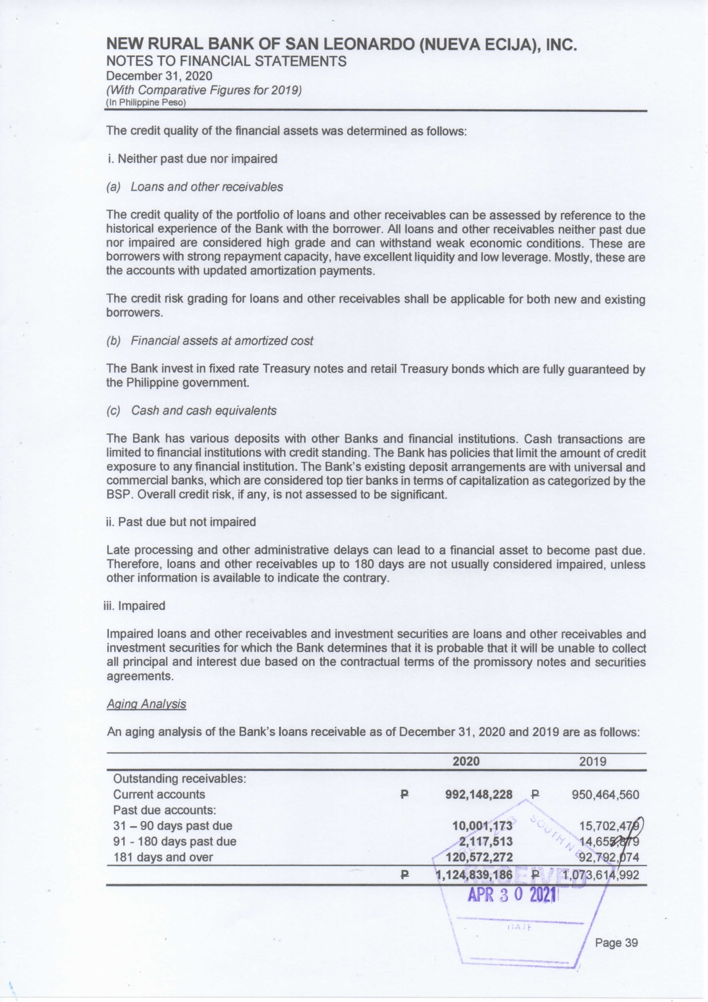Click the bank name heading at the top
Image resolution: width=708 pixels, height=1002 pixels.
[341, 45]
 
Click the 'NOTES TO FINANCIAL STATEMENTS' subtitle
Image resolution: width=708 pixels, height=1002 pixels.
[226, 62]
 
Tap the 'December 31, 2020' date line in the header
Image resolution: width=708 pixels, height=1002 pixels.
[159, 76]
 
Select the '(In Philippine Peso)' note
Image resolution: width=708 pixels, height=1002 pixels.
[146, 103]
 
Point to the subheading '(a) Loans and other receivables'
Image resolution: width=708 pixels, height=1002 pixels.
[195, 187]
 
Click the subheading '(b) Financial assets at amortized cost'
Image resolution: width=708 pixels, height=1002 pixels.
[210, 341]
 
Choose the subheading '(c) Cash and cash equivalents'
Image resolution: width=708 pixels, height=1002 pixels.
[191, 411]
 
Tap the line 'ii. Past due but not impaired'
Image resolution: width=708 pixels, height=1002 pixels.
[181, 522]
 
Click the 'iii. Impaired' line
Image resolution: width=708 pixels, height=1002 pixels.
[135, 606]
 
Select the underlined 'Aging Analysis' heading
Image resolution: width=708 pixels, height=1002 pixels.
[146, 703]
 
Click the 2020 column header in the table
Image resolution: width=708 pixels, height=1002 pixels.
[466, 761]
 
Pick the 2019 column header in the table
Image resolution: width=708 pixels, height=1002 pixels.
[593, 761]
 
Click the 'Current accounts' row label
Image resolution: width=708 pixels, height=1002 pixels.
[159, 794]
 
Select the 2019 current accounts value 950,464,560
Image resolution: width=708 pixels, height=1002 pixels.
[605, 794]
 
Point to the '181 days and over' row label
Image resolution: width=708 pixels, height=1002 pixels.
[163, 857]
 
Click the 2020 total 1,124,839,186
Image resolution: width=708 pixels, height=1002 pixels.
[474, 875]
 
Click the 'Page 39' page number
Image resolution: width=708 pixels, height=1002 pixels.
[616, 943]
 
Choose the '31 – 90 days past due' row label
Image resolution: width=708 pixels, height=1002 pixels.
[172, 826]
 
